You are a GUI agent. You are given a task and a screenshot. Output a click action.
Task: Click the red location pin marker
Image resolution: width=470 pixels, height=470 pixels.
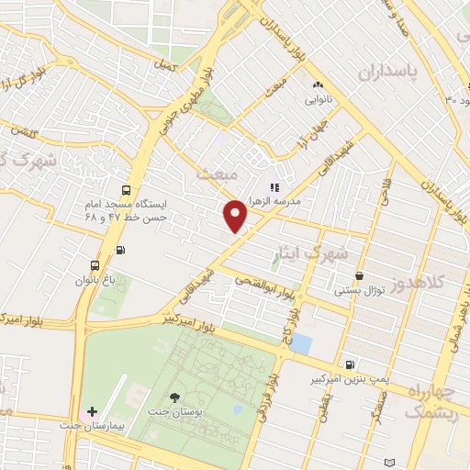pyautogui.click(x=236, y=216)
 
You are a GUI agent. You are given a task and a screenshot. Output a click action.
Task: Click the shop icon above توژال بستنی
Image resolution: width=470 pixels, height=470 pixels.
pyautogui.click(x=358, y=275)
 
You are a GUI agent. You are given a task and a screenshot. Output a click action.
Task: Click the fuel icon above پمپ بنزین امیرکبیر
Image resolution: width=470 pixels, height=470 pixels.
pyautogui.click(x=350, y=365)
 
